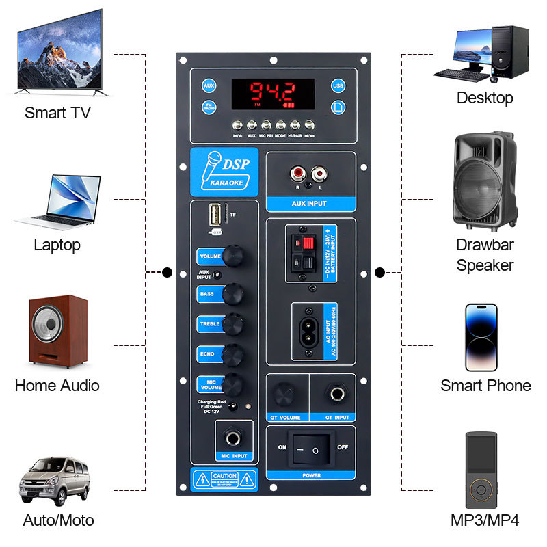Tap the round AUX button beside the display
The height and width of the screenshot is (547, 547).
point(209,86)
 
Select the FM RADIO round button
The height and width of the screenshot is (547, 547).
point(209,107)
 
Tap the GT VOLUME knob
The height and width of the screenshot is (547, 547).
point(282,395)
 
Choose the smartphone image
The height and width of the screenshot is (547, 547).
point(481,337)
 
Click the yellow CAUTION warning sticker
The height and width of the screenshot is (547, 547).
point(224,479)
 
